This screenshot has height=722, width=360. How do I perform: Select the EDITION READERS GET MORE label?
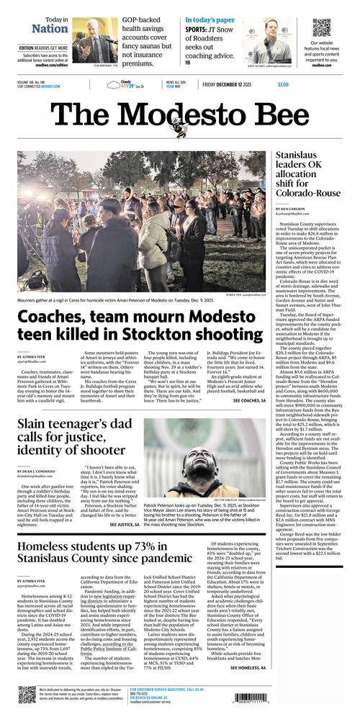click(44, 48)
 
